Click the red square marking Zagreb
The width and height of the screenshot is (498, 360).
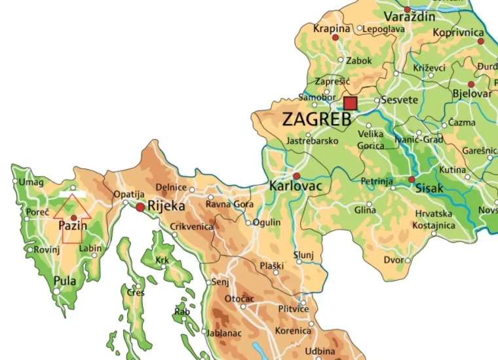351,104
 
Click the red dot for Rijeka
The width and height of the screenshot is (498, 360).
140,207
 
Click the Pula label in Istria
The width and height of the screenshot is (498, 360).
65,281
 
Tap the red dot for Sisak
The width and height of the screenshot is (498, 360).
412,179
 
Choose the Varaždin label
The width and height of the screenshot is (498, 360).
410,16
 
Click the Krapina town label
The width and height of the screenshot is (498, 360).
332,29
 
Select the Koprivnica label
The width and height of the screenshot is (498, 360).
459,32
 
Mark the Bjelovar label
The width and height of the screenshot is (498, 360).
472,94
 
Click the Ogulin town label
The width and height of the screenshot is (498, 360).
267,222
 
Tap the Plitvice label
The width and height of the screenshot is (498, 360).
293,310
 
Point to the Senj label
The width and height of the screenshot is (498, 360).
221,282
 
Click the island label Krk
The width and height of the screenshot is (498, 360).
162,260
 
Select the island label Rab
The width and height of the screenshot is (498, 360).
182,312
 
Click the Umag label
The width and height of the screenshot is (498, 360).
32,182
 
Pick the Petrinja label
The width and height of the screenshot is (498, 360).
376,180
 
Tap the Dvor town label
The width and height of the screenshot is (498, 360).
393,260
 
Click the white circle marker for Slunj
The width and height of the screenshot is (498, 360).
299,262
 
